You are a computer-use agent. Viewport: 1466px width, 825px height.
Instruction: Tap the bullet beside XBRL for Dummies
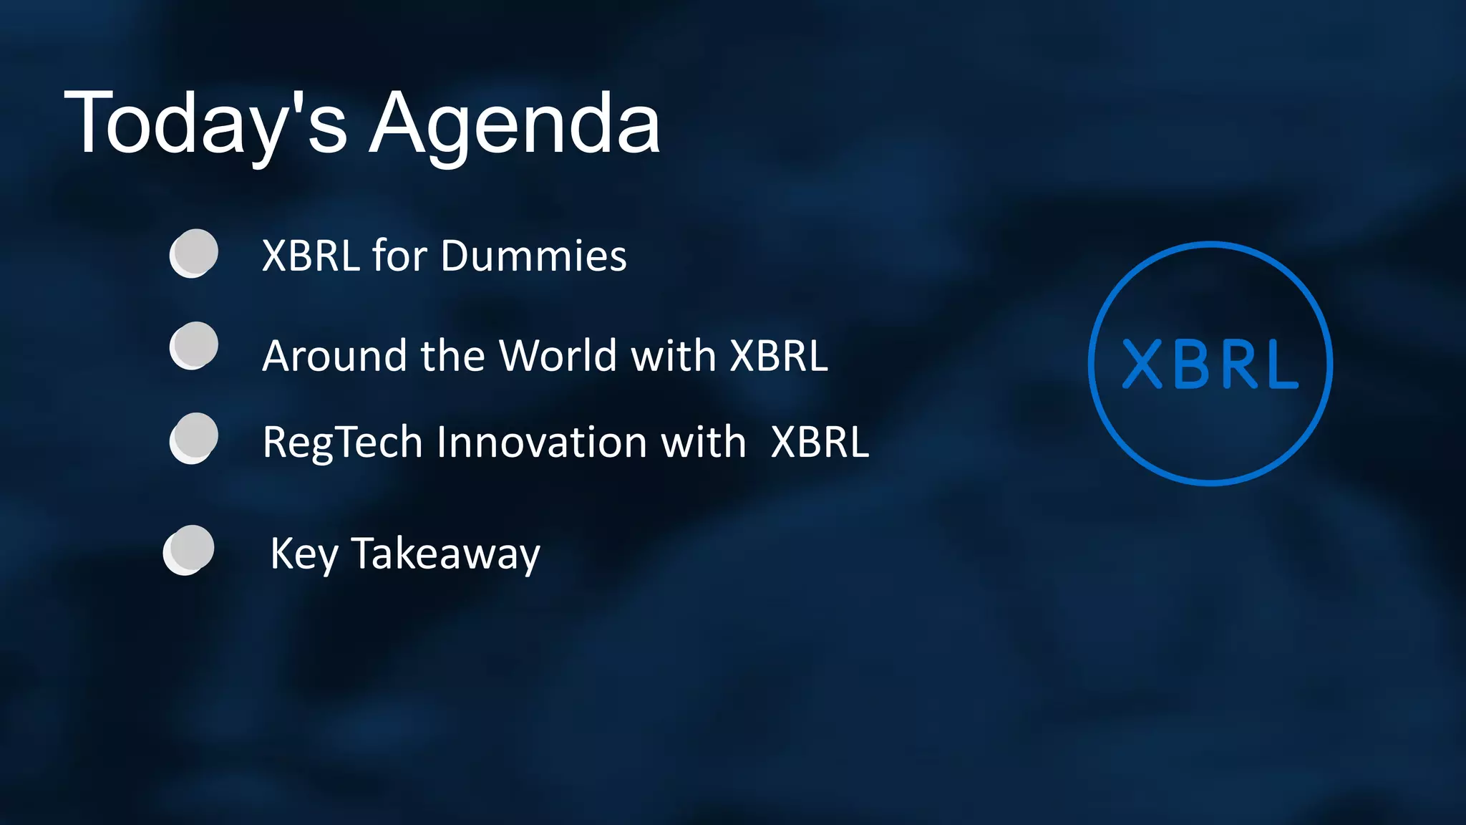[x=194, y=254]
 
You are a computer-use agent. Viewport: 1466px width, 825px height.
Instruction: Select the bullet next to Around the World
[x=194, y=346]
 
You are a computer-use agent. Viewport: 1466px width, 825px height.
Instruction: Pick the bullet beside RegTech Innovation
[x=194, y=438]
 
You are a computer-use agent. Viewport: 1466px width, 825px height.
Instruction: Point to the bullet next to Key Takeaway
[x=189, y=550]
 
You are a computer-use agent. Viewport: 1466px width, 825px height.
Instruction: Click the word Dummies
[x=534, y=256]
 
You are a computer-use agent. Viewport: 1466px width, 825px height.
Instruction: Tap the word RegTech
[x=343, y=442]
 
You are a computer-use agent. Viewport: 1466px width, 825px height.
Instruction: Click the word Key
[x=304, y=554]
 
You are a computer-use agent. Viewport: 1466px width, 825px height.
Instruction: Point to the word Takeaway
[x=446, y=554]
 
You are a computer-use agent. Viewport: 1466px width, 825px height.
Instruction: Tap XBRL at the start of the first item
[x=311, y=256]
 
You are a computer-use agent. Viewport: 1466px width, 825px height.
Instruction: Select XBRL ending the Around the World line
[x=779, y=355]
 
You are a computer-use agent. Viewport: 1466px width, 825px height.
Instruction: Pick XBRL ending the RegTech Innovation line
[x=820, y=442]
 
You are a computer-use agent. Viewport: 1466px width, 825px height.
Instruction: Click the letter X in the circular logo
[x=1142, y=365]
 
